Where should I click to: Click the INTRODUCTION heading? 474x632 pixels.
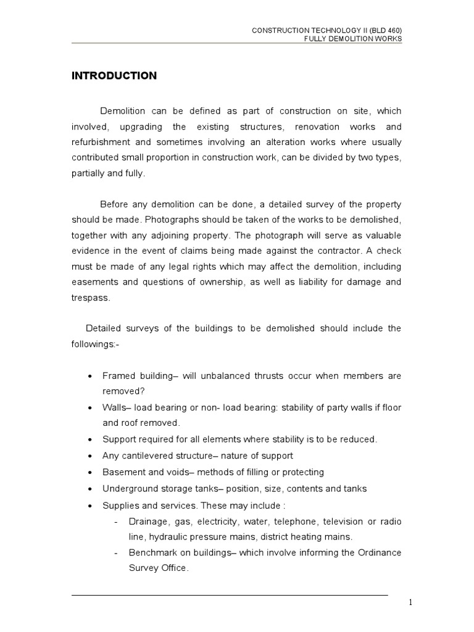(114, 76)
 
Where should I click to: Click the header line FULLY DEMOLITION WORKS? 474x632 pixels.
(353, 39)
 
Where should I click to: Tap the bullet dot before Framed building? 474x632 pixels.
(91, 376)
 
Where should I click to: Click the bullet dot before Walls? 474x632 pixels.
(91, 409)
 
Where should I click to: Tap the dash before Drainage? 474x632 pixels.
(117, 522)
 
